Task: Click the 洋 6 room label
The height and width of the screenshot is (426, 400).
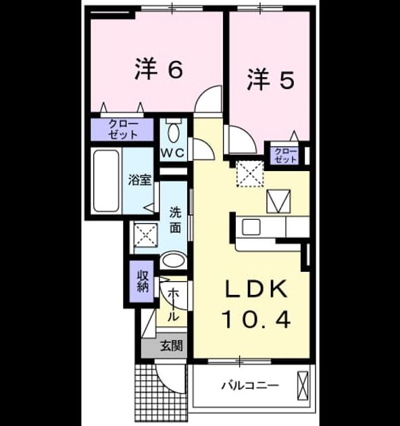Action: coord(159,68)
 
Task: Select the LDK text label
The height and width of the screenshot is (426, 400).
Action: coord(257,289)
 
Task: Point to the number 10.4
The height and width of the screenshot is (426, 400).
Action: coord(256,319)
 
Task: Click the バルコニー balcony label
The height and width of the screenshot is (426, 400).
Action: coord(250,385)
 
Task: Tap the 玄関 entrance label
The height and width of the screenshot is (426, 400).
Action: coord(172,346)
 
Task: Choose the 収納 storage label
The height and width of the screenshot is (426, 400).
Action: coord(143,281)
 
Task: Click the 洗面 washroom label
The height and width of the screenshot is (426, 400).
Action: coord(176,220)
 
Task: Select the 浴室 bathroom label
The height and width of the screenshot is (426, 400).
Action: coord(139,180)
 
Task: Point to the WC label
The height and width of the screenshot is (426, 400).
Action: coord(173,153)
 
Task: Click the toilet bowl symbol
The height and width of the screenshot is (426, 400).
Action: coord(174,131)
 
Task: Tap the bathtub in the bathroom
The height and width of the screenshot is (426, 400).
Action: coord(106,181)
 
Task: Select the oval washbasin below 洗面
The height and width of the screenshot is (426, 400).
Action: coord(173,260)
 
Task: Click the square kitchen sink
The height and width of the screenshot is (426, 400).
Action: coord(251,227)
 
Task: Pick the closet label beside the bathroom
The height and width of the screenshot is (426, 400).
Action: coord(123,129)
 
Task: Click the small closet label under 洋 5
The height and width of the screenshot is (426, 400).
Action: coord(285,156)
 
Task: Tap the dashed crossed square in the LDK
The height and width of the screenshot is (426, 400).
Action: coord(250,174)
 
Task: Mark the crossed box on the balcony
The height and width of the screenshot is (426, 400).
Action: coord(303,385)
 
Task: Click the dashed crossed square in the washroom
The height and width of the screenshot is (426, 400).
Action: coord(146,235)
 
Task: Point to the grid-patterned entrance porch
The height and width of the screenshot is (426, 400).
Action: coord(161,392)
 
